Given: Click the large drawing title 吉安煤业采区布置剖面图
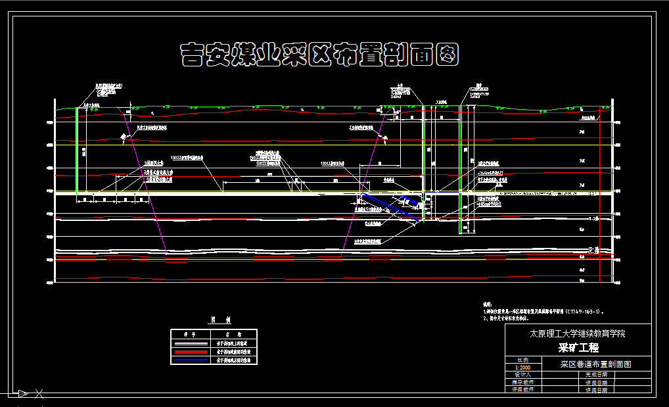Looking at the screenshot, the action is tap(319, 55).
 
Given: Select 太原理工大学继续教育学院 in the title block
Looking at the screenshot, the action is tap(578, 333).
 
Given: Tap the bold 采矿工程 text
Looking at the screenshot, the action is tap(578, 348).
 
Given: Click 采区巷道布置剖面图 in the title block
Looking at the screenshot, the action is tap(595, 364).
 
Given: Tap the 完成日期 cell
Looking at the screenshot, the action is tap(596, 374).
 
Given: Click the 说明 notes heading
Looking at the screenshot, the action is tap(487, 305).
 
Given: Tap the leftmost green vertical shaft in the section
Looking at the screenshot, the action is tap(77, 151).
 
